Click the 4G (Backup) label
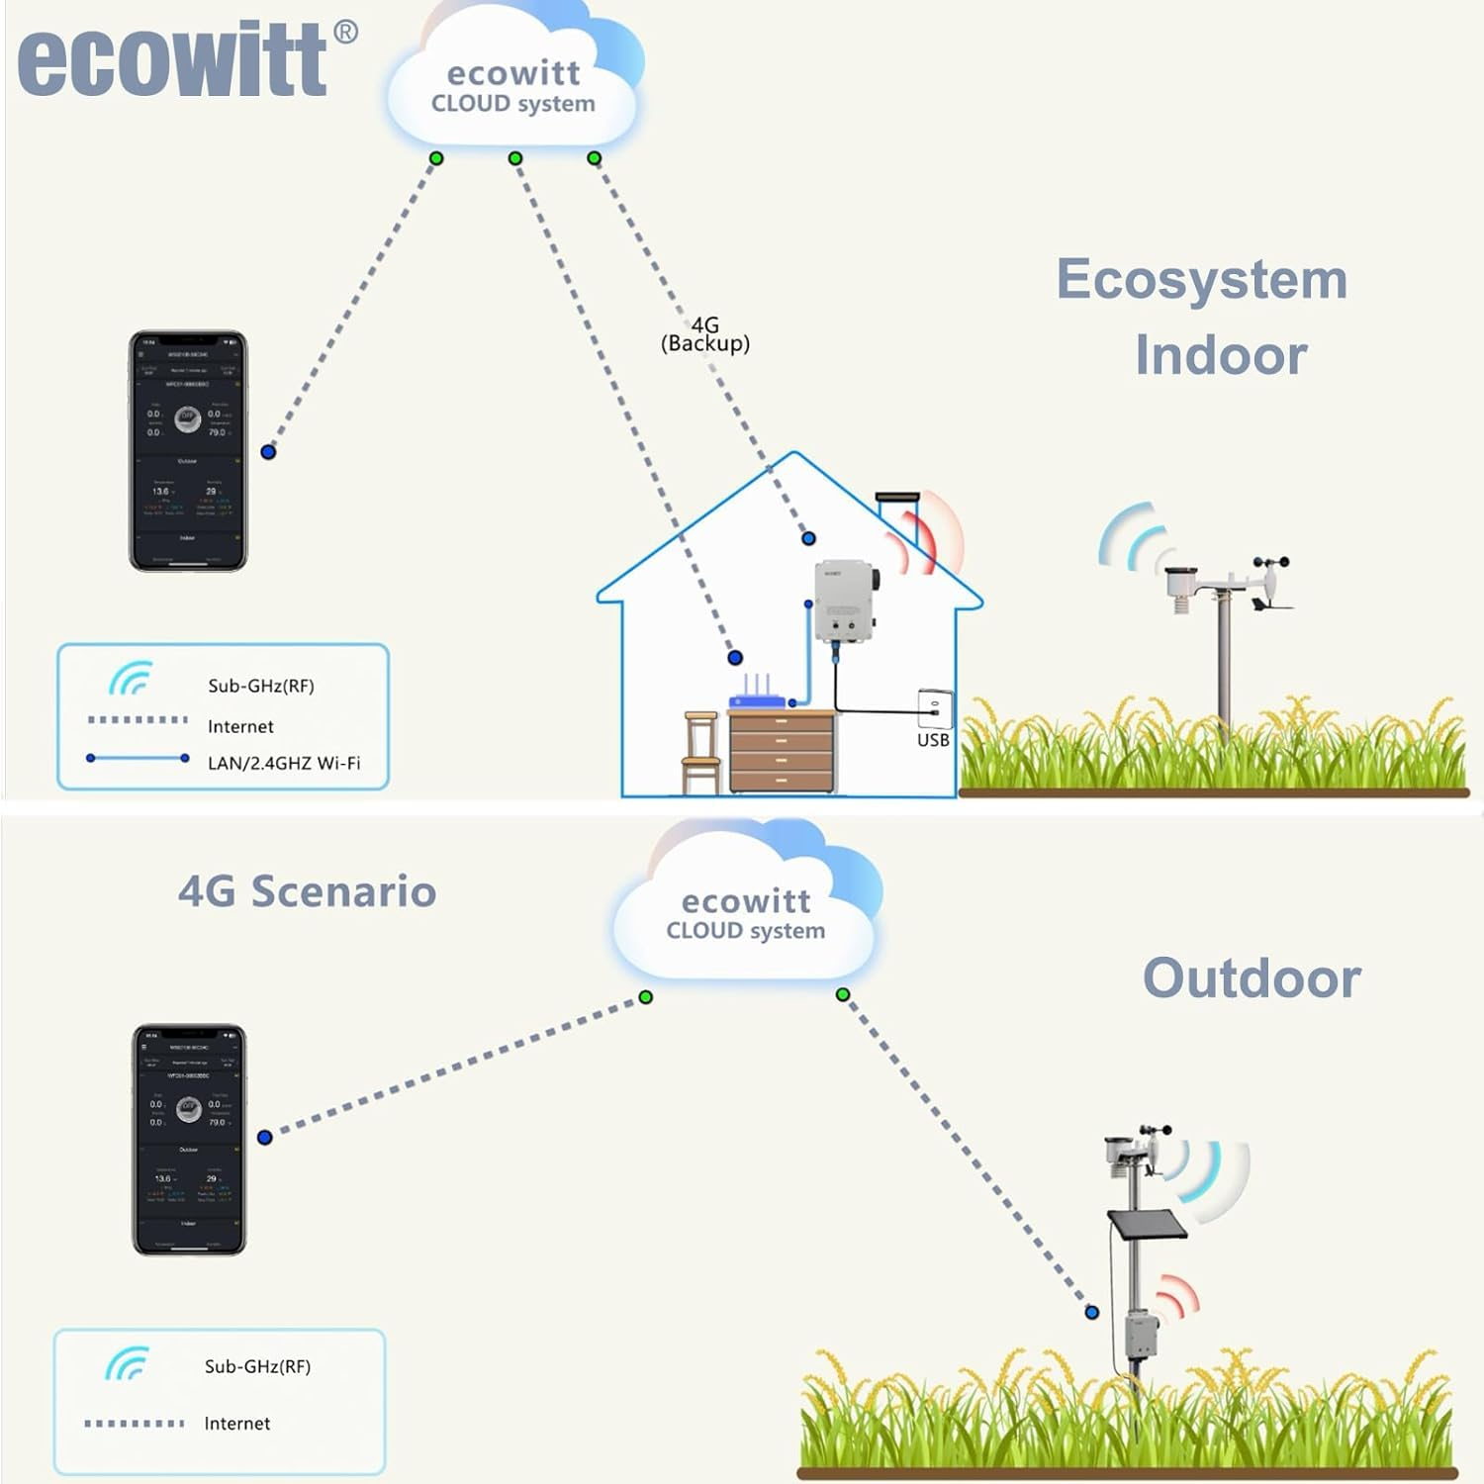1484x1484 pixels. pos(704,334)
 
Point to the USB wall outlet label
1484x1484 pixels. pos(932,740)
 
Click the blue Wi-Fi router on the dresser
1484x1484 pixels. pos(757,696)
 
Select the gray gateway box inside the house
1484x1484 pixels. pos(845,602)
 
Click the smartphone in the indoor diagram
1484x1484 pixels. pos(188,451)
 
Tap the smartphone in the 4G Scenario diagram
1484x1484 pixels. pos(189,1140)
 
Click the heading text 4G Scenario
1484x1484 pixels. pos(307,891)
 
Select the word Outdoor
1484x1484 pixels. pos(1252,978)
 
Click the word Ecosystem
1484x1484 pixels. pos(1201,279)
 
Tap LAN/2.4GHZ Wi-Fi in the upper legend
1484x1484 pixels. pos(284,763)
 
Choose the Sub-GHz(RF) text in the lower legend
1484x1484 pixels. pos(257,1366)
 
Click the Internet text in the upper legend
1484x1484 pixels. pos(240,726)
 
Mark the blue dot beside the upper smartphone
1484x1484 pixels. pos(268,452)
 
